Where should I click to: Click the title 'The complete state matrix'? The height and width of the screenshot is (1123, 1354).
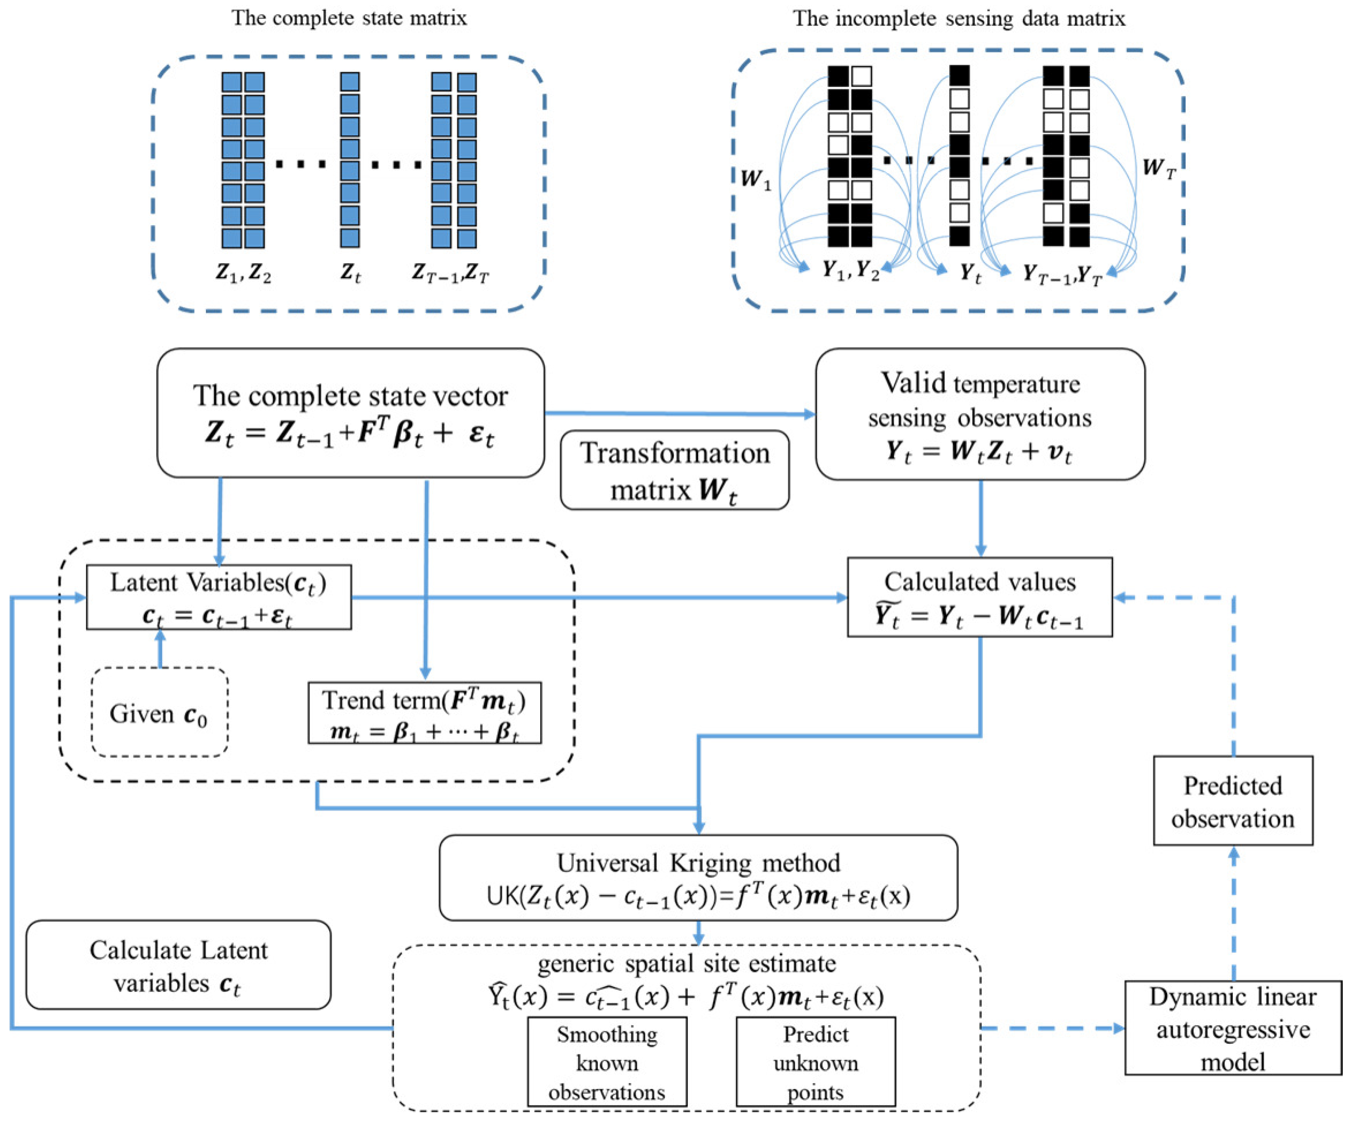(349, 18)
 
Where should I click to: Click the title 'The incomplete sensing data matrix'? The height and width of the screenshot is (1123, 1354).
(959, 18)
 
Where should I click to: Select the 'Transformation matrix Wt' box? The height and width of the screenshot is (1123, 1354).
(674, 470)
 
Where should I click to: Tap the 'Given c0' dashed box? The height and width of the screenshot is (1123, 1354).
(159, 712)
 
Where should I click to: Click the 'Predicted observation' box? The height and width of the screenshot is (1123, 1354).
(1233, 800)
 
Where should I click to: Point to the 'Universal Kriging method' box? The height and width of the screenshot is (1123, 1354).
(698, 878)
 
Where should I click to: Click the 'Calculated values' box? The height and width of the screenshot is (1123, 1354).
(979, 597)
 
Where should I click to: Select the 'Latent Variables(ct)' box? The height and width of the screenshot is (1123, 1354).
(218, 597)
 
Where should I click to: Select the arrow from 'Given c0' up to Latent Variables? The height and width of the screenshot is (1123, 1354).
(160, 648)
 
